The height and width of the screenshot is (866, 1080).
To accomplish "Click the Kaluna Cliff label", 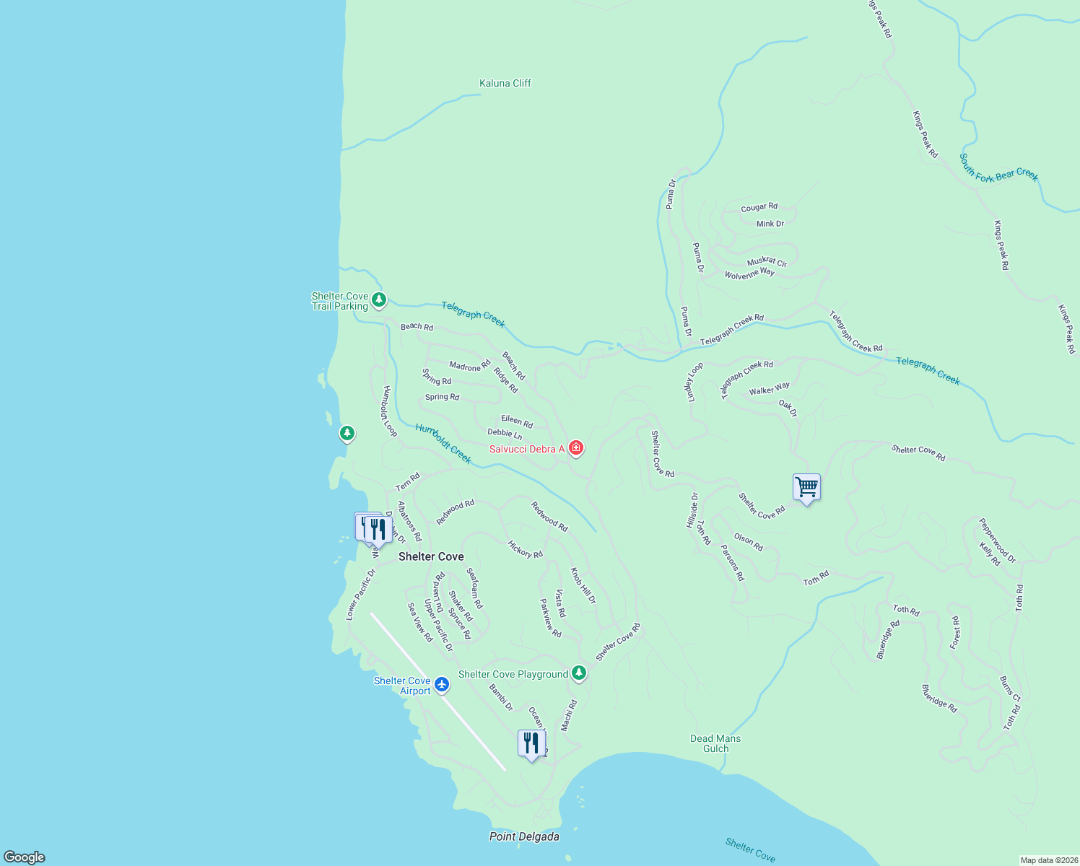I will point(505,83).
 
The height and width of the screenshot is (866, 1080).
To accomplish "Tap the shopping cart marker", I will point(806,487).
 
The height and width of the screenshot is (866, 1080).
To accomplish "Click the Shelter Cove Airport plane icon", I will point(442,683).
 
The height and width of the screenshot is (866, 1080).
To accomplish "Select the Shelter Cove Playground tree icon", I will point(578,673).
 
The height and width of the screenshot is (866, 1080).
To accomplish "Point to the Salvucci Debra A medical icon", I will point(576,448).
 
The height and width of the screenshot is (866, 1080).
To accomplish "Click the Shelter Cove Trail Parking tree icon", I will point(379,299).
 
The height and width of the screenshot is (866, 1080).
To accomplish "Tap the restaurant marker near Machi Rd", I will point(531,743).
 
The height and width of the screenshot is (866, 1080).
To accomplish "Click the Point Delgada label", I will point(524,836).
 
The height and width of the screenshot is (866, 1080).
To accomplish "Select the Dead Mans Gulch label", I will point(715,743).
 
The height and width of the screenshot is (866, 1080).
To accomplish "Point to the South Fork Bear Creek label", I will point(998,168).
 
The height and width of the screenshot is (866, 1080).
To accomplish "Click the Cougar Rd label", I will point(759,208).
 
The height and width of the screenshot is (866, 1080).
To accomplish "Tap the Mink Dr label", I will point(770,224).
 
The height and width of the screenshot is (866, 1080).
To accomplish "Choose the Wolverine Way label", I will point(749,274).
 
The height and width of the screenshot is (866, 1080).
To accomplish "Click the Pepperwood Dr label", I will point(997,541).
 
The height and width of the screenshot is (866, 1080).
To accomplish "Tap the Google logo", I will point(24,857).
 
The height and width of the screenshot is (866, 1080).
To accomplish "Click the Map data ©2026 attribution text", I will point(1048,860).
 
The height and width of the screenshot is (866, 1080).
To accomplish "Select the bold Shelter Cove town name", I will point(431,556).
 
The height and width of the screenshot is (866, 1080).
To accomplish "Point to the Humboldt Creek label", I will point(443,444).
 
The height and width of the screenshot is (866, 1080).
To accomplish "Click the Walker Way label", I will point(770,390).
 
